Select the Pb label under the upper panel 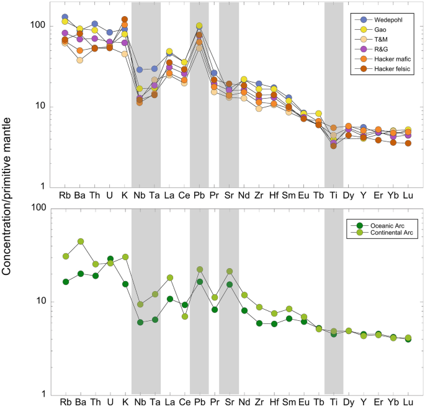coord(199,196)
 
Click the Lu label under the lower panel coord(408,402)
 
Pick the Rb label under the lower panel coord(65,402)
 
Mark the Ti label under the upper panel coord(333,196)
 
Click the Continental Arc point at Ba coord(80,241)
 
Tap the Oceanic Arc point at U coord(110,259)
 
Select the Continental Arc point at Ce coord(184,317)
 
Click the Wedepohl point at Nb coord(140,70)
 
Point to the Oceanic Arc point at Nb coord(140,322)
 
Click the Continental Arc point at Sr coord(229,271)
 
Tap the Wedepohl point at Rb coord(65,17)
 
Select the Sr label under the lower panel coord(229,402)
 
